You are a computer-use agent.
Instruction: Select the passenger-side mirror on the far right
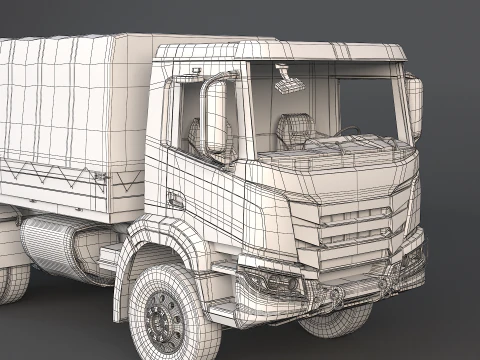[x=414, y=107]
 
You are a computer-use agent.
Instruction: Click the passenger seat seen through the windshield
[x=291, y=129]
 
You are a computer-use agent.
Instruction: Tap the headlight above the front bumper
[x=272, y=283]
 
